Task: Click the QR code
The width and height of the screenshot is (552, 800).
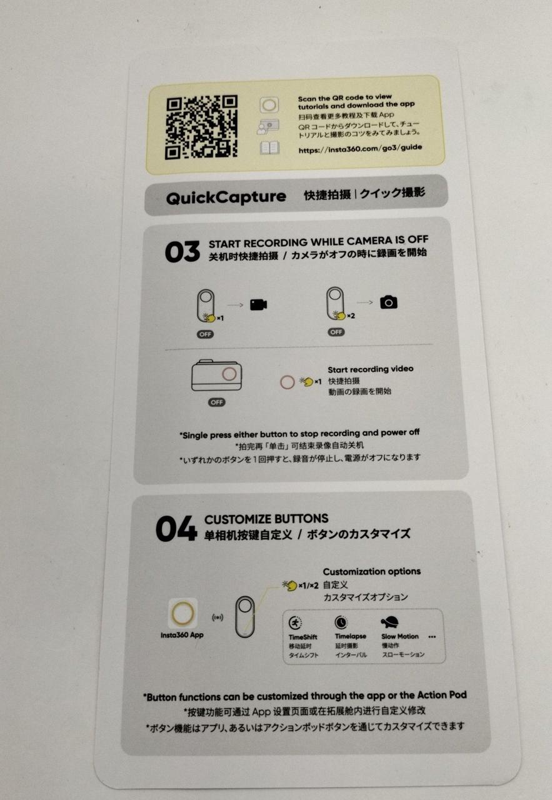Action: pyautogui.click(x=201, y=127)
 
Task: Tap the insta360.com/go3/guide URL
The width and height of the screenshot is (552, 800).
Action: pyautogui.click(x=360, y=149)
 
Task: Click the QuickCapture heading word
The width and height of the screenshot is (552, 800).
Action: pyautogui.click(x=226, y=197)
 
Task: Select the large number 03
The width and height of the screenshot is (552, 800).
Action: pyautogui.click(x=182, y=251)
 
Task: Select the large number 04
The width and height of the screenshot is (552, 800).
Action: pyautogui.click(x=176, y=528)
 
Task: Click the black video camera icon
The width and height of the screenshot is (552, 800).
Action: pyautogui.click(x=259, y=304)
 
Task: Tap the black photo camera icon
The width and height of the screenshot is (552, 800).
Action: pyautogui.click(x=389, y=302)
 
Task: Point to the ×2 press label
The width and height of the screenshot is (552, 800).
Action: pyautogui.click(x=351, y=316)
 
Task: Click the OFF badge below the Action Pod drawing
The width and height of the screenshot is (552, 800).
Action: pyautogui.click(x=216, y=402)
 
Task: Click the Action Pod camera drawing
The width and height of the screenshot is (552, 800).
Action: pyautogui.click(x=216, y=375)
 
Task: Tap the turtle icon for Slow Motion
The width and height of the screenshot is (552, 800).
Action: pyautogui.click(x=390, y=622)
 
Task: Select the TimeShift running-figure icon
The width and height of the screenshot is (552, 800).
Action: pyautogui.click(x=295, y=624)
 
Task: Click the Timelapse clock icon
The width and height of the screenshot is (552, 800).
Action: pyautogui.click(x=341, y=622)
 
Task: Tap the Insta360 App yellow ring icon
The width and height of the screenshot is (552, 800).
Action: pyautogui.click(x=183, y=613)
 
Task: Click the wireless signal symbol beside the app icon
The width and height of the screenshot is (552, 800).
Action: pyautogui.click(x=218, y=617)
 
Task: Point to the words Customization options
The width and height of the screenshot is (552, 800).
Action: pyautogui.click(x=371, y=571)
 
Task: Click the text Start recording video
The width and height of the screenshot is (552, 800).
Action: pyautogui.click(x=371, y=369)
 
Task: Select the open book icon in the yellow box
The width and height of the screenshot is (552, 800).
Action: pyautogui.click(x=269, y=148)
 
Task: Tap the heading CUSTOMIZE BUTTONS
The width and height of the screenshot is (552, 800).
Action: pyautogui.click(x=266, y=519)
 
